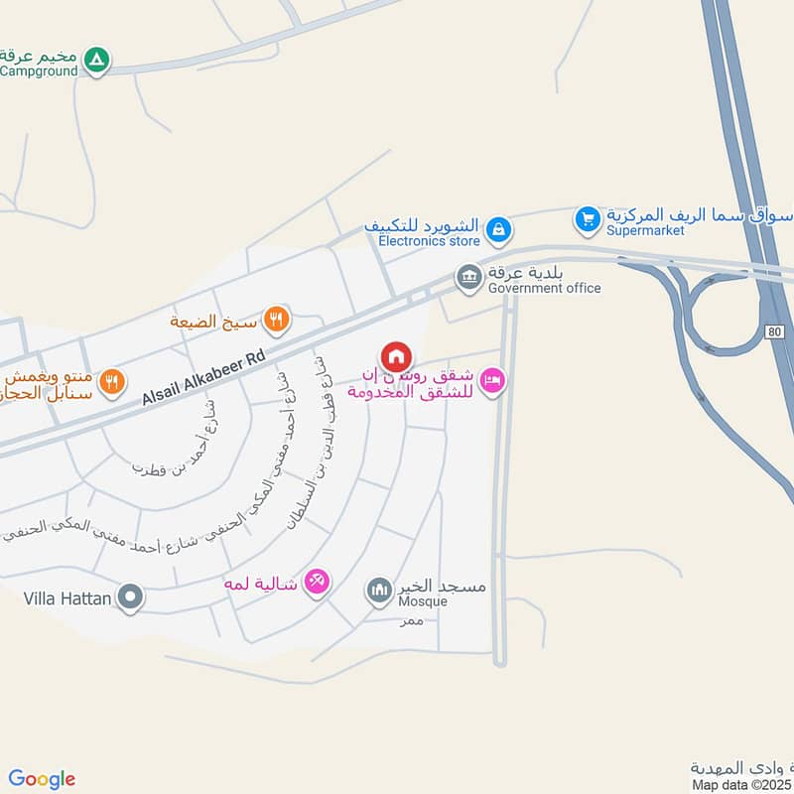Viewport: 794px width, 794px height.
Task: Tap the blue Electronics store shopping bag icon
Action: point(500,229)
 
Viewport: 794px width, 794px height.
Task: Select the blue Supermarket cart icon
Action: point(588,217)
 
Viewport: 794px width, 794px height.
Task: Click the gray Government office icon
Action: point(468,277)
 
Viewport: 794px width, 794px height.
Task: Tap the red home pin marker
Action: point(395,356)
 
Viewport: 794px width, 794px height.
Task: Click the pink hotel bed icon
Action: point(492,380)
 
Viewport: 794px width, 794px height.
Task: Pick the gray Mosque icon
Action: point(379,593)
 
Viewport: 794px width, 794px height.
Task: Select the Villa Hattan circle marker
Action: point(130,598)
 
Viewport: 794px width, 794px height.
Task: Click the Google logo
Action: point(42,779)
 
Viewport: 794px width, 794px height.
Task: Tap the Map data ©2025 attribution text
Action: point(742,785)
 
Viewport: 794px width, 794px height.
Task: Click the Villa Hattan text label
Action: point(67,598)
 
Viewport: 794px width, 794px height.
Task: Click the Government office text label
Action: point(544,288)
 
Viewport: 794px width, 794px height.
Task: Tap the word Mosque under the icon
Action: point(423,601)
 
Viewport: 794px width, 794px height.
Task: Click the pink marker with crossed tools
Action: point(317,581)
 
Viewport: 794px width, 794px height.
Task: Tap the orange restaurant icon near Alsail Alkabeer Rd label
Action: point(113,379)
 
